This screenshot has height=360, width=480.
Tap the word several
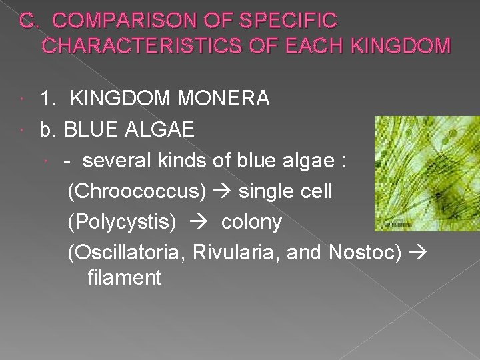click(x=118, y=160)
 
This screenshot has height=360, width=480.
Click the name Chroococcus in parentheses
click(x=137, y=191)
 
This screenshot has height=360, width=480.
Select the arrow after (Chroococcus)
click(x=222, y=191)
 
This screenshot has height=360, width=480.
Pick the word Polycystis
click(x=122, y=222)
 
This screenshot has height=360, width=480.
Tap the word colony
click(x=251, y=222)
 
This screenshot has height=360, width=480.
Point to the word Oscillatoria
click(x=123, y=253)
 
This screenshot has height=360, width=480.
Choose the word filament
click(x=124, y=277)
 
